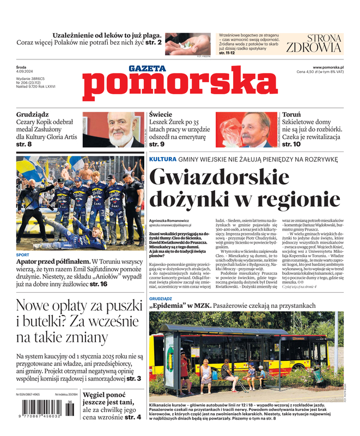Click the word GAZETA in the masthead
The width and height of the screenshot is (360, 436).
click(147, 68)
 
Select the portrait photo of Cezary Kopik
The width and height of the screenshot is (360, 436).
click(114, 130)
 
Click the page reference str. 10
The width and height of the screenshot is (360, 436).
click(292, 144)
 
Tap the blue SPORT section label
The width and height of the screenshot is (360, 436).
click(23, 255)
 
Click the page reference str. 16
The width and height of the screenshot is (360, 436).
click(99, 284)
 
